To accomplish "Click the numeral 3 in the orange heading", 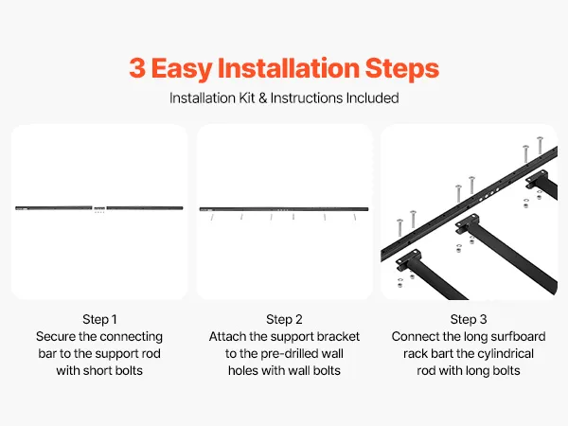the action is point(137,68).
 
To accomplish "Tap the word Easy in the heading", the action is point(182,69).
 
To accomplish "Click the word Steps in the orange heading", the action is point(402,69).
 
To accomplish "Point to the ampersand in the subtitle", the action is point(262,98).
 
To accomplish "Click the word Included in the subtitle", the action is point(372,98).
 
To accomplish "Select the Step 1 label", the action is point(99,320).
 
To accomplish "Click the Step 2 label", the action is point(284,320).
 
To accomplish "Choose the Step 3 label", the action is point(469,320).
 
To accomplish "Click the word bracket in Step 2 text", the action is point(338,336).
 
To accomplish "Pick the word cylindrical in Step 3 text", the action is point(503,354).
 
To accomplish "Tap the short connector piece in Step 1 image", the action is point(99,208).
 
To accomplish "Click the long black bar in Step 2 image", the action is point(284,209).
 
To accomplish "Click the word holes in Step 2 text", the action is point(243,370).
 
